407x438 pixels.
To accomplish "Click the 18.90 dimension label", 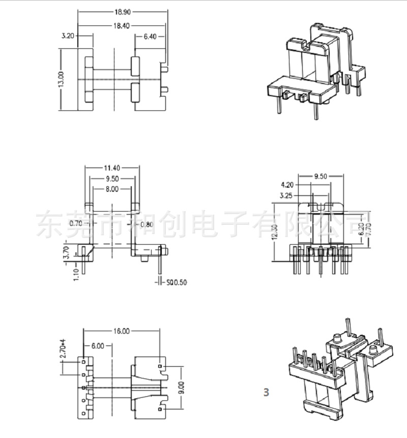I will (122, 10).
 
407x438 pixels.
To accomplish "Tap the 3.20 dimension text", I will (68, 36).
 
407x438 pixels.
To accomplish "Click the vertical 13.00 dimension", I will (62, 79).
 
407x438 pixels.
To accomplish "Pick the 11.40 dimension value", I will (112, 167).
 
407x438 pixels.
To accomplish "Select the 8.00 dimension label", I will (111, 189).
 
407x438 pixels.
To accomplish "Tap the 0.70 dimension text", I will (76, 223).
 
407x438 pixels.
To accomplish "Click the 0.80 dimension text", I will (147, 224).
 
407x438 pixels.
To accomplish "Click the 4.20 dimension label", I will (288, 185).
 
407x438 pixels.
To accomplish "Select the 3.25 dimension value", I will (288, 195).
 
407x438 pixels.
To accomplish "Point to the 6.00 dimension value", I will (98, 346).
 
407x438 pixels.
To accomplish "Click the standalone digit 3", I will (266, 392).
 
